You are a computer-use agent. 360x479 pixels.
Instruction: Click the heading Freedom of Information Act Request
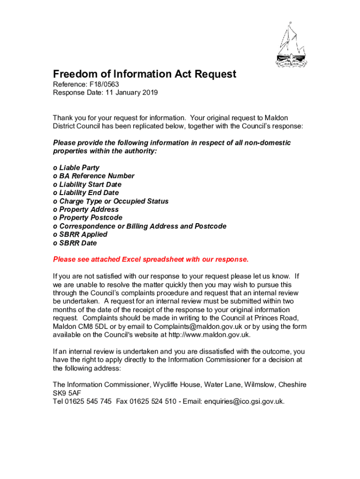pyautogui.click(x=144, y=74)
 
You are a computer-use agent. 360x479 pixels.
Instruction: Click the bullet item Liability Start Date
pyautogui.click(x=90, y=184)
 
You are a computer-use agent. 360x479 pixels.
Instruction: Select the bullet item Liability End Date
pyautogui.click(x=89, y=193)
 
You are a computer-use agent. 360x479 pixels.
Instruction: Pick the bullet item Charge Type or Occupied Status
pyautogui.click(x=114, y=201)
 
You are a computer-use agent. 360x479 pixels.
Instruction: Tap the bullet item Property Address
pyautogui.click(x=89, y=210)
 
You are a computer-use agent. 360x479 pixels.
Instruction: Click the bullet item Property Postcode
pyautogui.click(x=91, y=218)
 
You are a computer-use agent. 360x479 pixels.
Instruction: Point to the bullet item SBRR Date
pyautogui.click(x=78, y=243)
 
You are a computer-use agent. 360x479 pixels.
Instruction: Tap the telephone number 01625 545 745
pyautogui.click(x=88, y=401)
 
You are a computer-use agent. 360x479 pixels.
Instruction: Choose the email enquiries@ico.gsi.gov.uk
pyautogui.click(x=244, y=401)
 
